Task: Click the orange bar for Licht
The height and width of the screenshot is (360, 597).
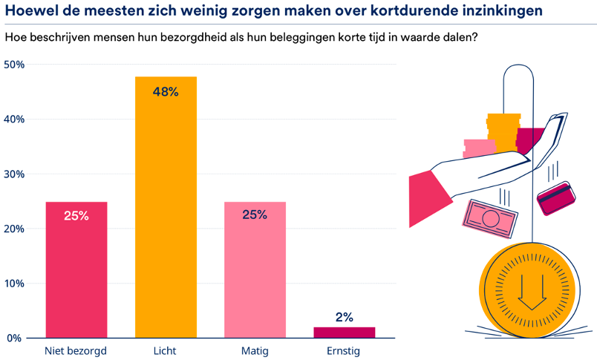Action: pyautogui.click(x=166, y=215)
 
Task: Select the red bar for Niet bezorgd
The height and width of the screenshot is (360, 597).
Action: pyautogui.click(x=76, y=275)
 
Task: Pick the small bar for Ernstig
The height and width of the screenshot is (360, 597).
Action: pyautogui.click(x=344, y=333)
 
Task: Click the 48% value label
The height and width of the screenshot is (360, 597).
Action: pyautogui.click(x=166, y=92)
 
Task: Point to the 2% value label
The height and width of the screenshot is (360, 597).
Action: pyautogui.click(x=344, y=318)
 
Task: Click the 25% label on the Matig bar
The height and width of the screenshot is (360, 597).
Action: pyautogui.click(x=255, y=215)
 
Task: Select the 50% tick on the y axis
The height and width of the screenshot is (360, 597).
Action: pyautogui.click(x=14, y=65)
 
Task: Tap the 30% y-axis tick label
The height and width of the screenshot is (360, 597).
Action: pyautogui.click(x=14, y=174)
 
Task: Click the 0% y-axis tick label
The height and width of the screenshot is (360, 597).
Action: pyautogui.click(x=14, y=338)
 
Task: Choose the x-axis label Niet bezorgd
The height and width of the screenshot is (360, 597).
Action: pyautogui.click(x=76, y=351)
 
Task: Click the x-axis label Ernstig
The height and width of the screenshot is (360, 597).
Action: pyautogui.click(x=343, y=351)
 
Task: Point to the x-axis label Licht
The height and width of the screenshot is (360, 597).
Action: pyautogui.click(x=166, y=351)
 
